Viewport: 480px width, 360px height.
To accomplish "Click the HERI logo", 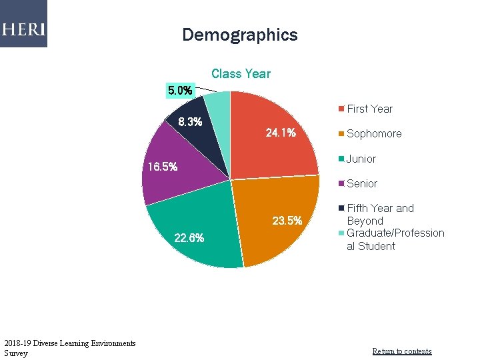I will [x=23, y=24].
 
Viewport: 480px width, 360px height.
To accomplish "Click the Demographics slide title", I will [x=240, y=35].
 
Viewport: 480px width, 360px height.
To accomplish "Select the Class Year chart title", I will [x=241, y=74].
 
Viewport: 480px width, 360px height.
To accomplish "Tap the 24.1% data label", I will [x=281, y=133].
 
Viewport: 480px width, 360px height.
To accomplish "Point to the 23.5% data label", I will [x=287, y=221].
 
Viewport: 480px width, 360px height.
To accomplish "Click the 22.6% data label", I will [x=189, y=238].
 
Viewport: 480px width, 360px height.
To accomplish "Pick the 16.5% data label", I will [x=162, y=167].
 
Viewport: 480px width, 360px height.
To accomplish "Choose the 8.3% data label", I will [x=190, y=122].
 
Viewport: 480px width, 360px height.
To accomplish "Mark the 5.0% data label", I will [x=179, y=90].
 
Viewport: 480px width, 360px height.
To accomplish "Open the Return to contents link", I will [x=401, y=351].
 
